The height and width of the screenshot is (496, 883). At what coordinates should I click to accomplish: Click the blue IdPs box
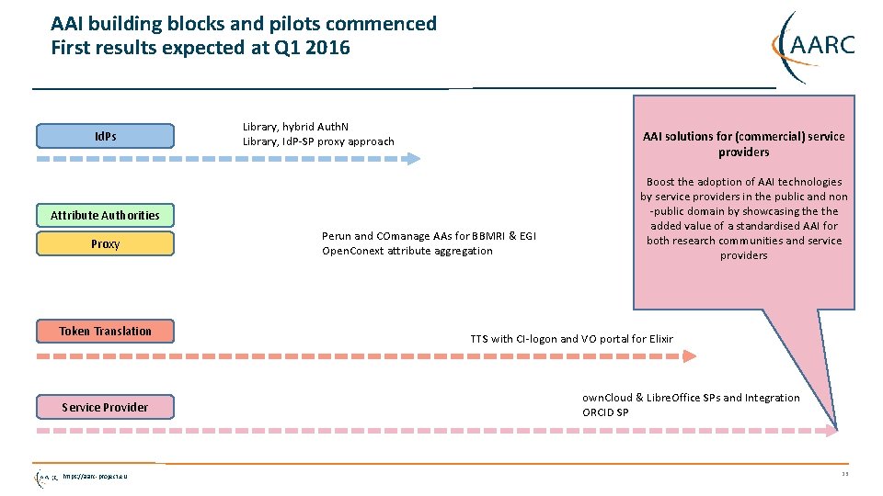tap(105, 136)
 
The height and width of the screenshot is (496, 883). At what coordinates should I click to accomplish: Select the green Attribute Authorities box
tap(105, 215)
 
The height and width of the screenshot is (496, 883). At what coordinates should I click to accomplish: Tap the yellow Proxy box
tap(105, 243)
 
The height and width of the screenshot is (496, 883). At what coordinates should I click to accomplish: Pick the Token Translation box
tap(105, 331)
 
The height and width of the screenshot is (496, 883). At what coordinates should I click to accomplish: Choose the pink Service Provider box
tap(105, 407)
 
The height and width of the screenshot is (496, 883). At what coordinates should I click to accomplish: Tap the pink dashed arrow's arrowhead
tap(831, 430)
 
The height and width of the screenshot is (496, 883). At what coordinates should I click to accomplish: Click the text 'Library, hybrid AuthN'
tap(295, 127)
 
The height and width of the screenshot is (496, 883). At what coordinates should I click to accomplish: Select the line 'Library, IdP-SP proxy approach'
tap(318, 141)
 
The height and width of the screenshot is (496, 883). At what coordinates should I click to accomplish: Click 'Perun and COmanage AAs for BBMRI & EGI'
tap(429, 236)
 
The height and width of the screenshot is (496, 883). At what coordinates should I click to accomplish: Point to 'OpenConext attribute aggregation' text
tap(407, 251)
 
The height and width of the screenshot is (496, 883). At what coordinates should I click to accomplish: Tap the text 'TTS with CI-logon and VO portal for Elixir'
tap(571, 339)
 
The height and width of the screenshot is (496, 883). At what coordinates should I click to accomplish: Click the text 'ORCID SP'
tap(605, 412)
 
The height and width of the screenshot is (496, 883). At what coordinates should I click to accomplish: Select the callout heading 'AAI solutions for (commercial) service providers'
tap(743, 143)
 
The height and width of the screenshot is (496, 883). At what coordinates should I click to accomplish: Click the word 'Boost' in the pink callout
tap(661, 182)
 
